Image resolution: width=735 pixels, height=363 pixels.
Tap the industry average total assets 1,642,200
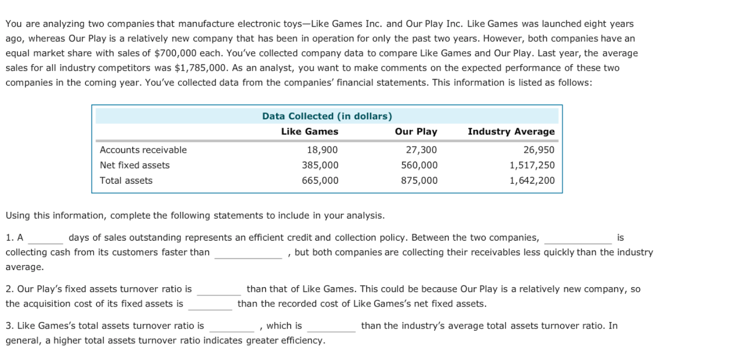pos(532,180)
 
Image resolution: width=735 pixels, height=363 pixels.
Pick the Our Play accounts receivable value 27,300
pos(421,150)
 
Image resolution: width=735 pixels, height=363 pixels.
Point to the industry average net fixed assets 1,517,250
pos(532,165)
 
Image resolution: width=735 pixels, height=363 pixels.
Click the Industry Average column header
pos(511,132)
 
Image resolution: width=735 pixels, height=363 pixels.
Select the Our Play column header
pos(416,132)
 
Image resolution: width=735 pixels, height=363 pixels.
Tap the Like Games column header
pos(310,132)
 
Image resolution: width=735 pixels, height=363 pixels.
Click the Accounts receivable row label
pos(143,150)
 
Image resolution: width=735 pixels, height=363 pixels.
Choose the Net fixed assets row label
pos(134,165)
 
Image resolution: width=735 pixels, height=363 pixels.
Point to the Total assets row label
pos(126,180)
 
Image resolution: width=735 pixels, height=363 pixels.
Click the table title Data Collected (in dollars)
pos(327,116)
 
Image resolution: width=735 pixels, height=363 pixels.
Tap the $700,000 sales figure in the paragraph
pos(175,53)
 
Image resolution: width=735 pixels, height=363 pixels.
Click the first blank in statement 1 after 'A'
pos(46,239)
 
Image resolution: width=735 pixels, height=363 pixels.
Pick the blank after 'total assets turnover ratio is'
pos(232,327)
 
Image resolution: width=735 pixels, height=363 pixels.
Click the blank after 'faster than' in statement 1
pos(248,254)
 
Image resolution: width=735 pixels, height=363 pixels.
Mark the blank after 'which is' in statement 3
pos(331,327)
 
